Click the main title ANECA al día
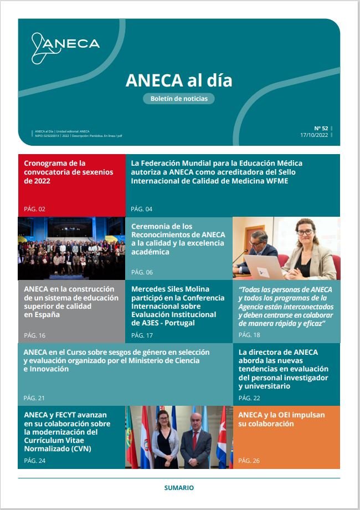(179, 80)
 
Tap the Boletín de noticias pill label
(179, 99)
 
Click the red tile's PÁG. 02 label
(34, 209)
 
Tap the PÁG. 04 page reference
(141, 209)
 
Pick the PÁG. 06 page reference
(141, 272)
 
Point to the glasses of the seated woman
(305, 232)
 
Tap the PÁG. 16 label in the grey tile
(34, 335)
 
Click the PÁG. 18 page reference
(249, 335)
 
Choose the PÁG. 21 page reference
(34, 398)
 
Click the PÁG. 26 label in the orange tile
(249, 461)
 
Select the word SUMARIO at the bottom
(179, 488)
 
